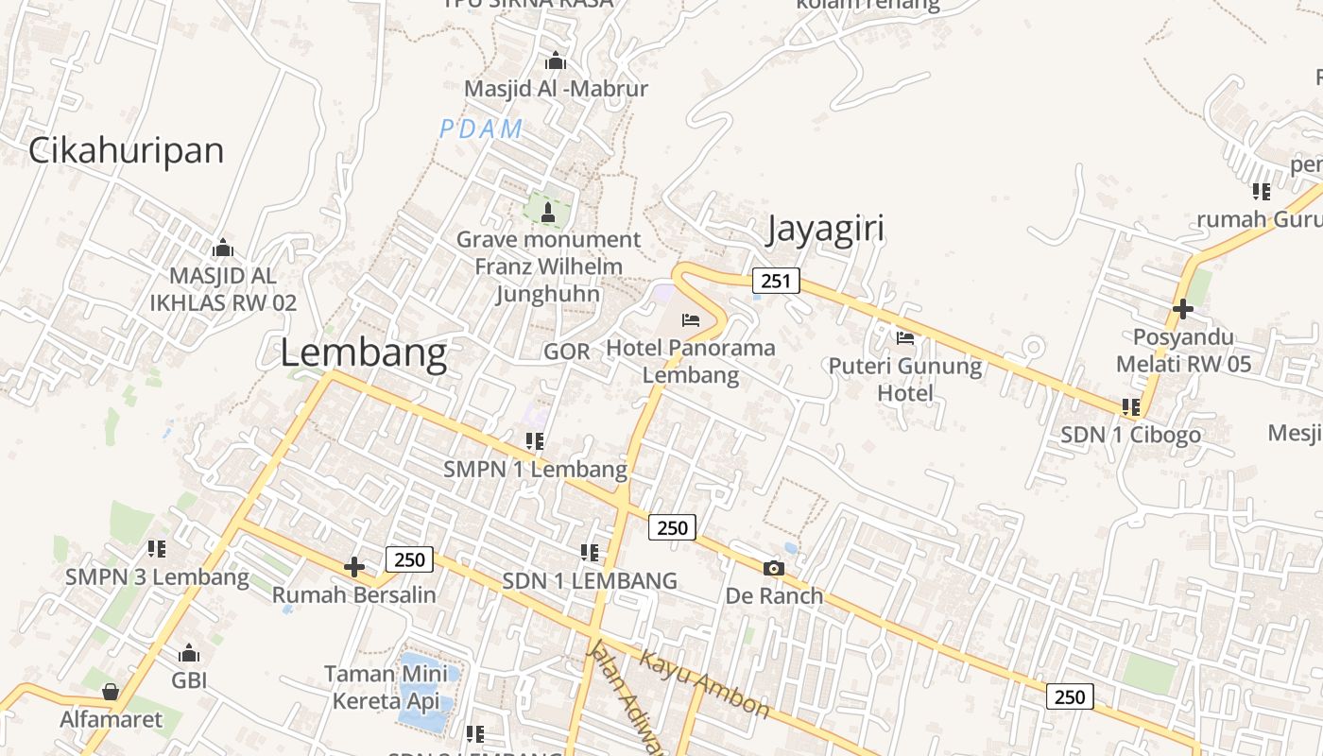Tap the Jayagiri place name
coord(825,230)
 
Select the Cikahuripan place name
coord(126,150)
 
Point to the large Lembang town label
coord(363,353)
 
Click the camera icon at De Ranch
coord(773,568)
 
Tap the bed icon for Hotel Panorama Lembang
coord(691,320)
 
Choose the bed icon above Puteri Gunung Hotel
coord(905,337)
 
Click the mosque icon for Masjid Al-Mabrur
coord(556,61)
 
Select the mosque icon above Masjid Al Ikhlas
coord(223,249)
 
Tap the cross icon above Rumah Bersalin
coord(354,567)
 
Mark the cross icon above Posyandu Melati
coord(1182,309)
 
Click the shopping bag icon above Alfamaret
coord(111,692)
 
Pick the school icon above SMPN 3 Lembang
coord(157,548)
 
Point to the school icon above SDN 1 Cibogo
coord(1130,407)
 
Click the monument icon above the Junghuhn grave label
coord(548,213)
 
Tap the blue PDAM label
coord(481,129)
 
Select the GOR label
coord(567,352)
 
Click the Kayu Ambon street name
coord(705,682)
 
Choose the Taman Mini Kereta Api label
coord(386,688)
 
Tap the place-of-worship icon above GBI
coord(189,653)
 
